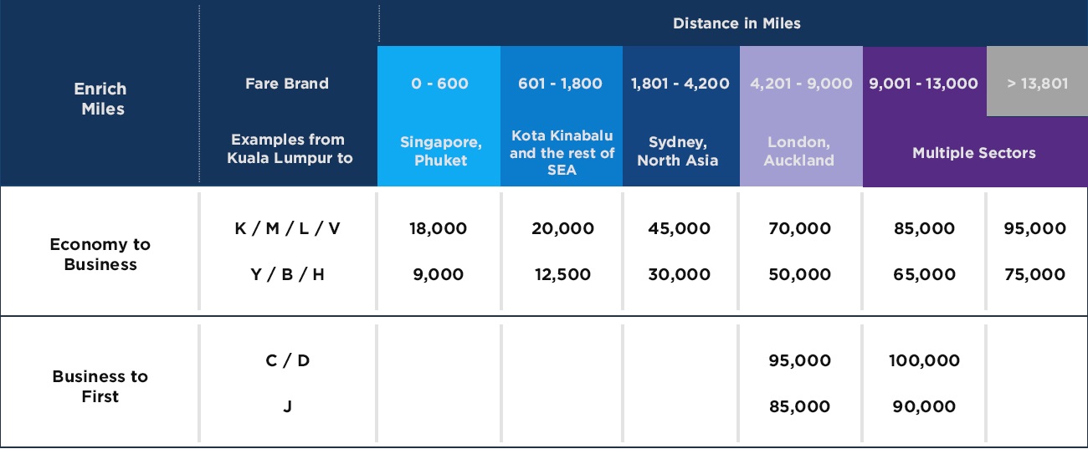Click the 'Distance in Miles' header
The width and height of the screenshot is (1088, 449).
coord(736,23)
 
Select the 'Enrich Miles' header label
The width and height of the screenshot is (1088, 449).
coord(100,99)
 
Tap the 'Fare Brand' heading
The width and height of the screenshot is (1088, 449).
coord(287,84)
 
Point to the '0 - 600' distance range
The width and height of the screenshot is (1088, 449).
coord(439,84)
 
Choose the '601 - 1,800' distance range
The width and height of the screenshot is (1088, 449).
coord(560,84)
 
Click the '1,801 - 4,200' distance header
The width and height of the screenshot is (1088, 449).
coord(680,84)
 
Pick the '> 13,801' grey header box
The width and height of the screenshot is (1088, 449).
coord(1038,81)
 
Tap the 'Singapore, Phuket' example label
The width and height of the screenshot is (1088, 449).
coord(440,151)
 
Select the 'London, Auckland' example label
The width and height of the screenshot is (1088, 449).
coord(799,151)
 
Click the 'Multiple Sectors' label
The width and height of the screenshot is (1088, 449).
coord(974,153)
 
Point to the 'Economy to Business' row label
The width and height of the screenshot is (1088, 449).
coord(100,254)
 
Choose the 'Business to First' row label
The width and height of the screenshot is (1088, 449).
coord(100,386)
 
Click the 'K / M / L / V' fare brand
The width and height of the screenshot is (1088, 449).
coord(287,228)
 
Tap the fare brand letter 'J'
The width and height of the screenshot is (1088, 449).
coord(288,406)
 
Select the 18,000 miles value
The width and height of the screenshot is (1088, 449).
coord(438,228)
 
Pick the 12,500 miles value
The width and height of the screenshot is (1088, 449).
coord(562,274)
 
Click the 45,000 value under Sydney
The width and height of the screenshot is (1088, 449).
coord(679,228)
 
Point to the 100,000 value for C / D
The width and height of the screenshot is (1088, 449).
coord(924,360)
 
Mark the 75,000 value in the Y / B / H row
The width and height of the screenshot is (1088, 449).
coord(1035,274)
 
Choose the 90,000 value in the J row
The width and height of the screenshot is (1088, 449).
coord(924,406)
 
